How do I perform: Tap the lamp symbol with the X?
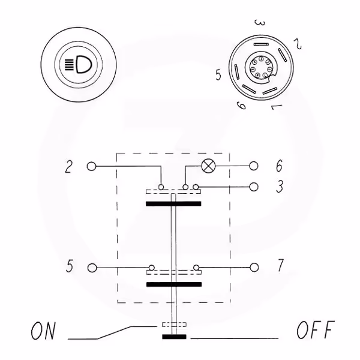pyautogui.click(x=209, y=166)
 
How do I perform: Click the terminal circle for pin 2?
pyautogui.click(x=92, y=166)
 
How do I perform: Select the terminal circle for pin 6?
pyautogui.click(x=254, y=166)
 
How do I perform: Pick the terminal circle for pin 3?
pyautogui.click(x=254, y=187)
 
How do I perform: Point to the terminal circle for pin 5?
pyautogui.click(x=92, y=267)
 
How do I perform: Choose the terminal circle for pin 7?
pyautogui.click(x=254, y=267)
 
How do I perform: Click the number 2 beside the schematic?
pyautogui.click(x=70, y=166)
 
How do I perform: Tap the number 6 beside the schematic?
pyautogui.click(x=279, y=166)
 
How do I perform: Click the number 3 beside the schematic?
pyautogui.click(x=279, y=187)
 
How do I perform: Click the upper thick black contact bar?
pyautogui.click(x=173, y=204)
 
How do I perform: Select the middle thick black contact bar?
pyautogui.click(x=173, y=284)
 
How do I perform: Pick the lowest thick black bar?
pyautogui.click(x=174, y=337)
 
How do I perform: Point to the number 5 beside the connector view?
pyautogui.click(x=220, y=76)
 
